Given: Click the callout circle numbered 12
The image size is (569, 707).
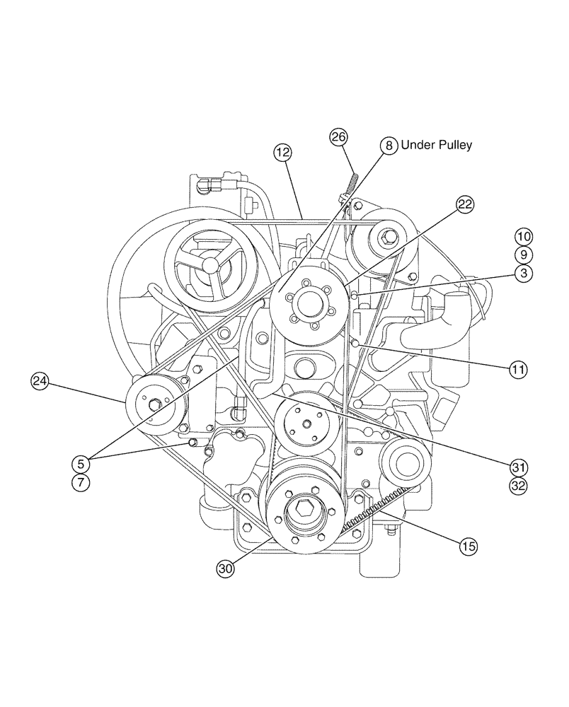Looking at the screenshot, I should pyautogui.click(x=283, y=152).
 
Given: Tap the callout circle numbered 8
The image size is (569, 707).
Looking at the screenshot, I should pyautogui.click(x=389, y=146).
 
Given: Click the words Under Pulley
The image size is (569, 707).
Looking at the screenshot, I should pyautogui.click(x=436, y=145).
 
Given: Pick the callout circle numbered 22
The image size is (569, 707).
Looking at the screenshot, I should pyautogui.click(x=464, y=205).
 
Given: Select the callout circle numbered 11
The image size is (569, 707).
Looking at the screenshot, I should pyautogui.click(x=518, y=368).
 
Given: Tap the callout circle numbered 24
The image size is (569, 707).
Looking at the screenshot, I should pyautogui.click(x=40, y=382).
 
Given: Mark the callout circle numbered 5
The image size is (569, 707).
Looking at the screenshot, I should pyautogui.click(x=81, y=464).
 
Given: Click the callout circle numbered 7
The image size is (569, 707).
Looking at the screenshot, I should pyautogui.click(x=81, y=483).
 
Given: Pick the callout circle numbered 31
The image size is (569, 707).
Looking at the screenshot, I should pyautogui.click(x=520, y=467).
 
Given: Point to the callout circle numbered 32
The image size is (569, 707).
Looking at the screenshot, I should pyautogui.click(x=520, y=486).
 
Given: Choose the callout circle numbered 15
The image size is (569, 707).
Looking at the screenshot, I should pyautogui.click(x=468, y=546).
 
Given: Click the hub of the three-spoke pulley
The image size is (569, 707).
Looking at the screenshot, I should pyautogui.click(x=211, y=265).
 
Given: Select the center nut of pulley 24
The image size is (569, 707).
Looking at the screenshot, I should pyautogui.click(x=154, y=404).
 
